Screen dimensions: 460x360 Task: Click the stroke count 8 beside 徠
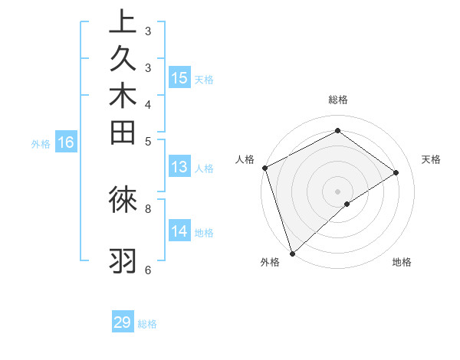(x=148, y=208)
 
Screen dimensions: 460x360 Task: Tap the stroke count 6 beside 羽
(x=148, y=270)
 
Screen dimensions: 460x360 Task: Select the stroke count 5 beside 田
(x=148, y=141)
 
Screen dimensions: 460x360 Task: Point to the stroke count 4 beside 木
(x=148, y=104)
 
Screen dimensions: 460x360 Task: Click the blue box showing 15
(x=179, y=78)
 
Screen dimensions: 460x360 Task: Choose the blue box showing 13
(x=179, y=168)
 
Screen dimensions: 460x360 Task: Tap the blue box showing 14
(x=179, y=231)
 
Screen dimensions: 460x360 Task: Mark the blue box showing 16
(x=66, y=142)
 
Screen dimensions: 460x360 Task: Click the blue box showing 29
(x=123, y=322)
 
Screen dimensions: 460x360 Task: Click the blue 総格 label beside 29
(x=147, y=324)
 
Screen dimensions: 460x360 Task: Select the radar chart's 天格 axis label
(x=431, y=159)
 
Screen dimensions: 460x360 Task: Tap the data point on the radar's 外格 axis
(x=292, y=253)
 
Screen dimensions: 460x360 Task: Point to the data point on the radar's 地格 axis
(x=347, y=204)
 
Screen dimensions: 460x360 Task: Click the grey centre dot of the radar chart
(x=337, y=191)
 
